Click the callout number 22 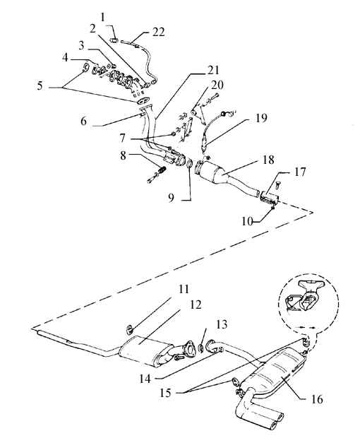coord(159,32)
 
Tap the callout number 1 coord(103,18)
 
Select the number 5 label coord(40,85)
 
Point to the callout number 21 coord(213,71)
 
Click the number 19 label coord(261,118)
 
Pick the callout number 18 coord(268,160)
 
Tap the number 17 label coord(300,172)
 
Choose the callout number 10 coord(248,222)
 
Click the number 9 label coord(171,198)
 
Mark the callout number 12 coord(196,304)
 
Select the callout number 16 coord(317,399)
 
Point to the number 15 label coord(165,393)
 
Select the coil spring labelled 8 coord(162,170)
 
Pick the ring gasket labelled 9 coord(189,163)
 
